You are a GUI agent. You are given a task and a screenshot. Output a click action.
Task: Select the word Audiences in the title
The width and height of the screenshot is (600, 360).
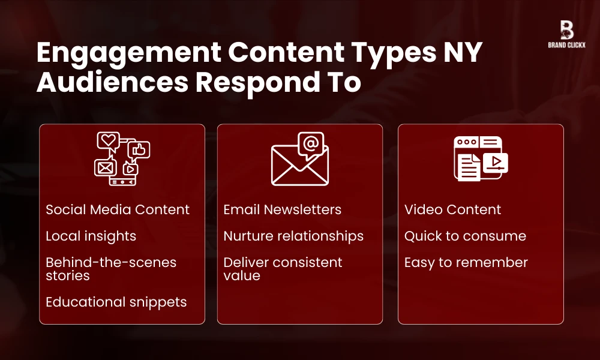point(111,83)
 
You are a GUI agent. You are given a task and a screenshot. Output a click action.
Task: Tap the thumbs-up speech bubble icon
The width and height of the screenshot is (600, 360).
point(139,150)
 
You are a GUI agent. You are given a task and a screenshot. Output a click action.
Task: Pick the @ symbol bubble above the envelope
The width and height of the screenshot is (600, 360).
point(310,144)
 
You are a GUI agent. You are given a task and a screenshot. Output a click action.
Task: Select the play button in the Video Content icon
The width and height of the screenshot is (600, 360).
point(495,162)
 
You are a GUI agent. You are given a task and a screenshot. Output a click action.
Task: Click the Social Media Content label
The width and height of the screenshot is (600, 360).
point(118,210)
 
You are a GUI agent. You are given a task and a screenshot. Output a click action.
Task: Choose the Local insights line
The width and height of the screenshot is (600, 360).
point(91,236)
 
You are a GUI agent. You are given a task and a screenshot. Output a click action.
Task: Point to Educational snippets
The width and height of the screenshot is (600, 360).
point(116,302)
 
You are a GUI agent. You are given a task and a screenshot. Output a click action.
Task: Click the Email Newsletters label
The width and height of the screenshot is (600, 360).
point(282,210)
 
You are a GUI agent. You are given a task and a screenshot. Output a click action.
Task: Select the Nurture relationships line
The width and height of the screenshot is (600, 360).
point(293,236)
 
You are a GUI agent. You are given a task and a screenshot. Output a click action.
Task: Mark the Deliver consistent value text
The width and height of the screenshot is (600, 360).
point(283,269)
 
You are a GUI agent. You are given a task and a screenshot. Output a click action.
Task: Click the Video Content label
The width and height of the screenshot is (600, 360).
point(452,210)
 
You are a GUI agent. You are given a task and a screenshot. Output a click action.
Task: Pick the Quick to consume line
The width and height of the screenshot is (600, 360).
point(465,236)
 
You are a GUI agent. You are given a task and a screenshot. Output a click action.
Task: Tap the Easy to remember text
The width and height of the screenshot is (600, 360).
point(466,263)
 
